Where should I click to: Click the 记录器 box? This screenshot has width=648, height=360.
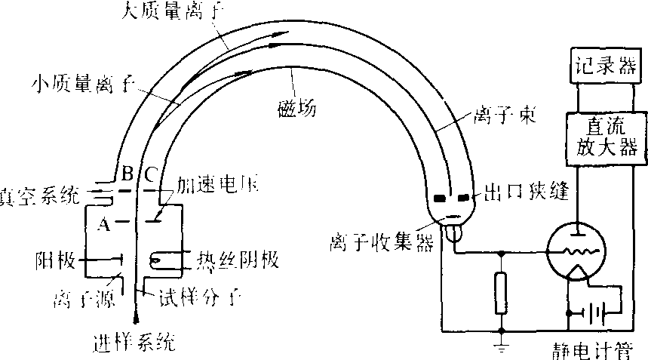(600, 66)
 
